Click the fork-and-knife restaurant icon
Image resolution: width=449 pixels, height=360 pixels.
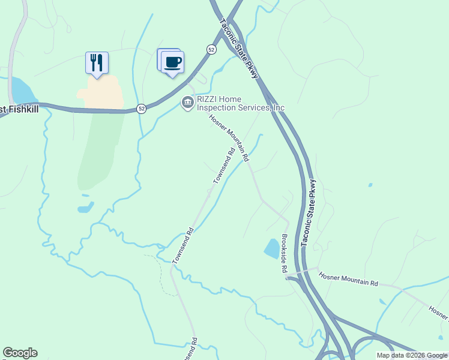(x=97, y=62)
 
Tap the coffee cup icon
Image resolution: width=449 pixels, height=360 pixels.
(x=172, y=62)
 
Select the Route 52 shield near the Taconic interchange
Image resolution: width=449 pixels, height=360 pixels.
(x=211, y=50)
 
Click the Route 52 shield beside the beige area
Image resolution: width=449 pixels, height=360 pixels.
(x=140, y=109)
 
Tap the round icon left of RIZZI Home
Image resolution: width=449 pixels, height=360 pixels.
(x=187, y=103)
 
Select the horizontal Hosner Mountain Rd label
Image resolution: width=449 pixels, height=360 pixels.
(x=349, y=280)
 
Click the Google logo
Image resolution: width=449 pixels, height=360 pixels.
(x=20, y=353)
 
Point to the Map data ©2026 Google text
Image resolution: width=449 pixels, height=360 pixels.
(x=412, y=355)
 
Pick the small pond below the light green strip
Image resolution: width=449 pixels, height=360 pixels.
(x=85, y=208)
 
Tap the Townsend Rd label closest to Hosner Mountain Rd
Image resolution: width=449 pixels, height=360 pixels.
(x=223, y=165)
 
